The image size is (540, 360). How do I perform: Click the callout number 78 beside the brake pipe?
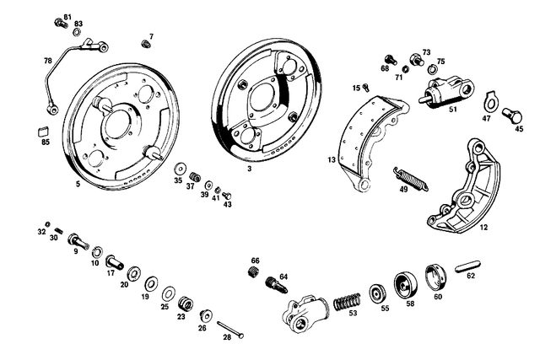48,61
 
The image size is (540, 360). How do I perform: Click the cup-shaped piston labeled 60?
435,275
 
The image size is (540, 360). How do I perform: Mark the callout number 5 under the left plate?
78,183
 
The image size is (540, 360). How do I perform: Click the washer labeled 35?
178,166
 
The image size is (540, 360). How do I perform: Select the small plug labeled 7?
146,46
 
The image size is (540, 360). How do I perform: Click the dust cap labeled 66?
252,271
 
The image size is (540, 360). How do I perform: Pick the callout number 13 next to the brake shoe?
332,159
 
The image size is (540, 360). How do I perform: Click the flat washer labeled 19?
153,282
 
